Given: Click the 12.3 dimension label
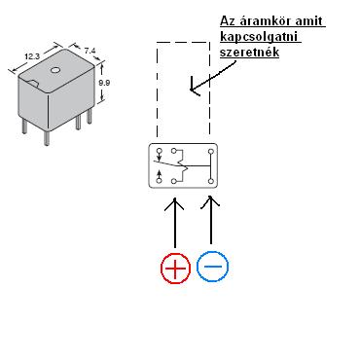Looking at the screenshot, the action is [x=32, y=56].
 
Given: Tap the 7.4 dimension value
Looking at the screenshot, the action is [x=90, y=51].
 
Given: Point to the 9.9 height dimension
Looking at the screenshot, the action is [x=104, y=83].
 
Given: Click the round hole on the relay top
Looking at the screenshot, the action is [x=55, y=70].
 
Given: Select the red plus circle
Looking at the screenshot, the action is [x=175, y=268].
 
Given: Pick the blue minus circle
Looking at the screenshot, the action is [x=212, y=267].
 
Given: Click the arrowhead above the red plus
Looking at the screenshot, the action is [x=174, y=203].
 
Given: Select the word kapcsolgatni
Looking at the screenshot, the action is [x=260, y=37].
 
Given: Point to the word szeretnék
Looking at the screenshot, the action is [x=249, y=52].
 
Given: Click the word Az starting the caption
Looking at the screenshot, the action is [x=229, y=21].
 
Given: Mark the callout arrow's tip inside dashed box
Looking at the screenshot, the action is [x=192, y=90].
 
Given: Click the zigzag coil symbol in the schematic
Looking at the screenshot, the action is [x=183, y=166].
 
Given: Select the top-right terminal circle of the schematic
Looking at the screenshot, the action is [x=211, y=152].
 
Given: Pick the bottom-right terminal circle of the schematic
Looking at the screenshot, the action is [x=211, y=181].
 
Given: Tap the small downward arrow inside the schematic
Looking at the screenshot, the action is [x=159, y=158].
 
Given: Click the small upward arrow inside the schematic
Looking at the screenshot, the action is [x=159, y=174].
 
